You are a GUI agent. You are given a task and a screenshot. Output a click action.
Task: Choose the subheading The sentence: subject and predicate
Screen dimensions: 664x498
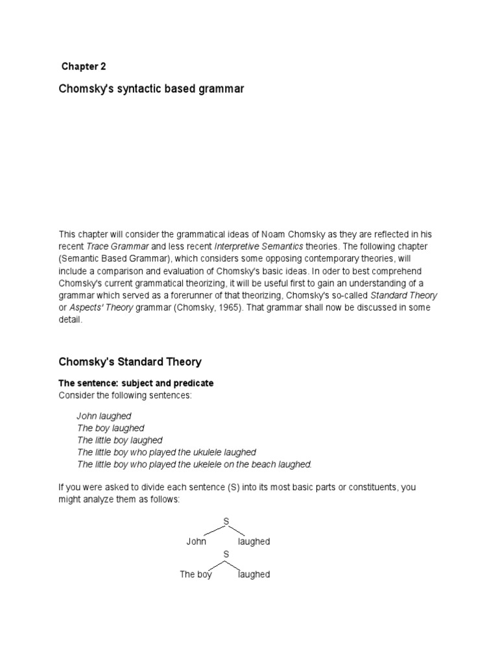(136, 383)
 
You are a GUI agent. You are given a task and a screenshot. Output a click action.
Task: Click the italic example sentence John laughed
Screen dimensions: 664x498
(104, 416)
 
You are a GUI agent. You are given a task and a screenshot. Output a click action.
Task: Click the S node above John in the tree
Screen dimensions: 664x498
(226, 521)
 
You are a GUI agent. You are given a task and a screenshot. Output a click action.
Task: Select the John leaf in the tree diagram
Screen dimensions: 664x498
(196, 541)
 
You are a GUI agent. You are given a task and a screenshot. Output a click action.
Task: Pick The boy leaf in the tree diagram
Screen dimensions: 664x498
(196, 575)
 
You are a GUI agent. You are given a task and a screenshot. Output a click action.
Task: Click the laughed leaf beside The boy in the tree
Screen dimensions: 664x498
(254, 575)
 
